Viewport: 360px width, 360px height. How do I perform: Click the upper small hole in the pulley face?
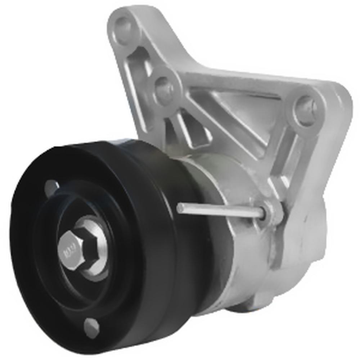click(x=51, y=187)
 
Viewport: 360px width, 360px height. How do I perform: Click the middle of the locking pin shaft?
click(x=220, y=211)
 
